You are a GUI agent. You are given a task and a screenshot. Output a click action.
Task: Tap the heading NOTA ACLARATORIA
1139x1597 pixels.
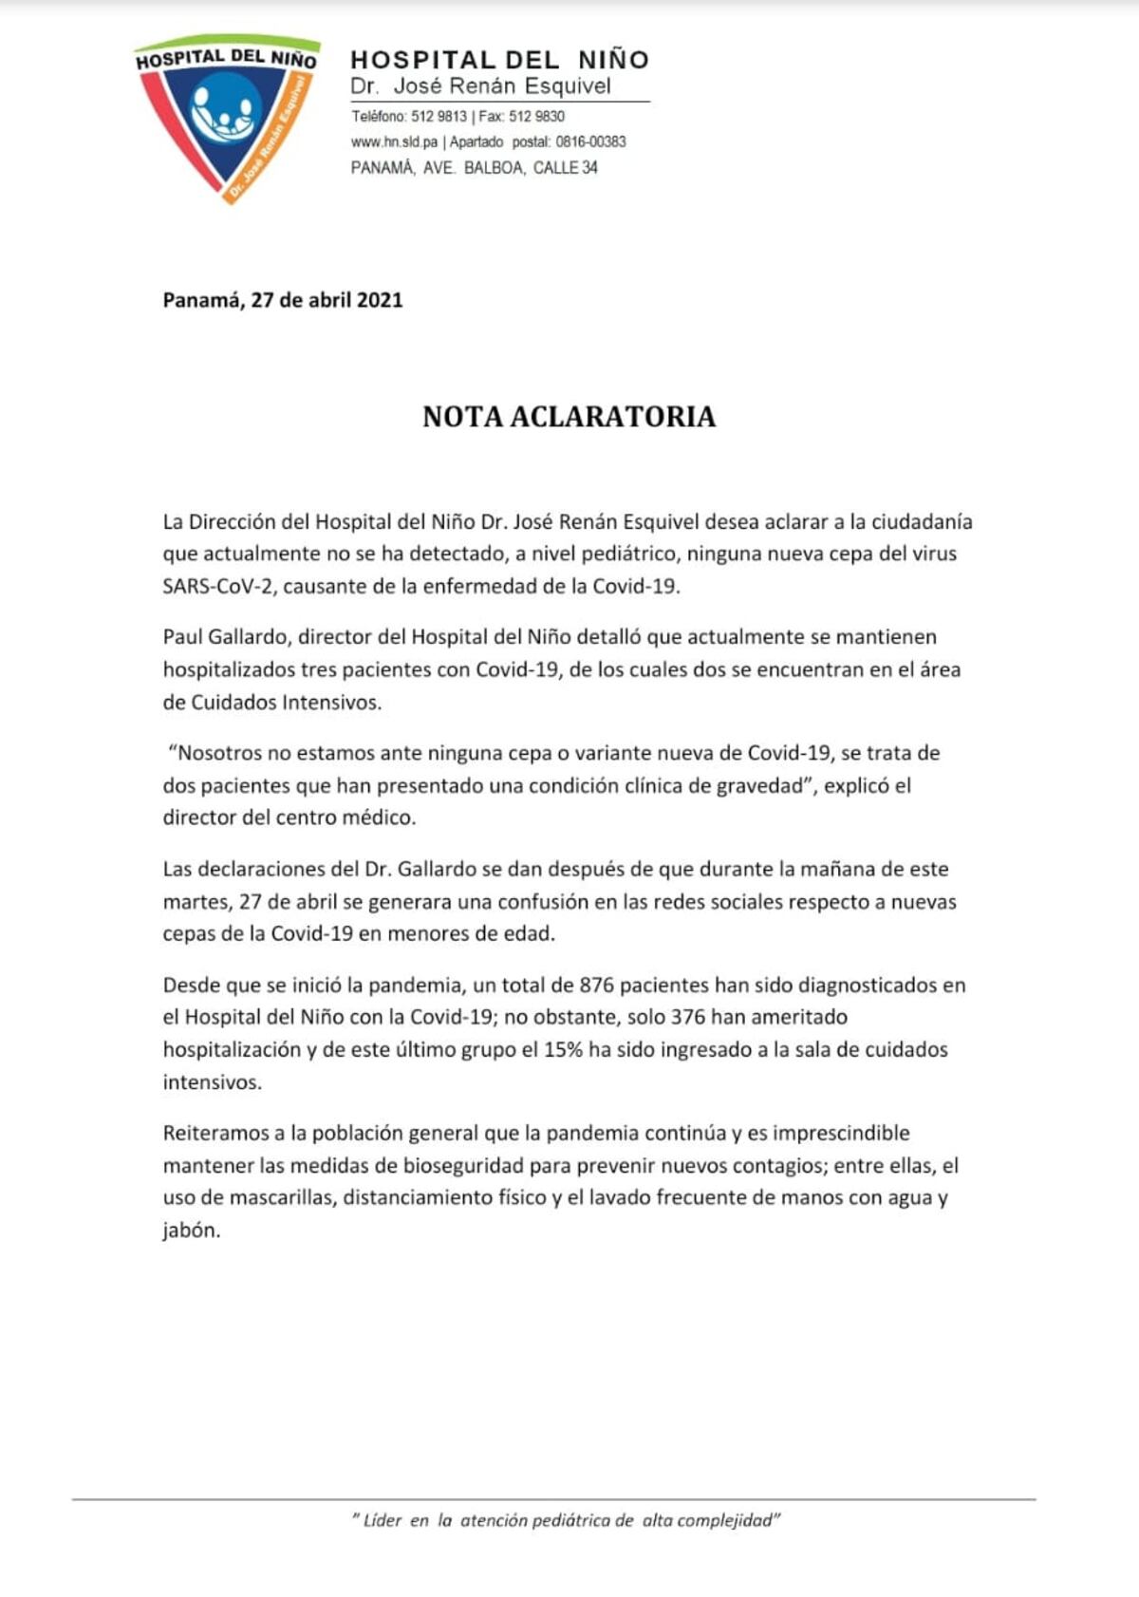(569, 416)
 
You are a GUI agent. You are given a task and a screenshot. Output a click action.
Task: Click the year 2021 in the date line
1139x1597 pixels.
(380, 300)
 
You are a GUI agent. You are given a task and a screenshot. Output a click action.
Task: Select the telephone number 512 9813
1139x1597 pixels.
(439, 117)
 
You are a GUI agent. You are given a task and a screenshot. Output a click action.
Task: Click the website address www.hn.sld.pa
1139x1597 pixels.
(394, 142)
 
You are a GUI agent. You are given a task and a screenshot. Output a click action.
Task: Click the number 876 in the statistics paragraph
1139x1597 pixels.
(597, 985)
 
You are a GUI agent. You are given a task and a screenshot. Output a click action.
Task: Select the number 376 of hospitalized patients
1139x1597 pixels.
(687, 1017)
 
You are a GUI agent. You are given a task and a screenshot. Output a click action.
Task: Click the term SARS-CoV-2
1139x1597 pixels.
(218, 586)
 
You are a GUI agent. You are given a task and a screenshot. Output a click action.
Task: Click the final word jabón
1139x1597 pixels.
(191, 1231)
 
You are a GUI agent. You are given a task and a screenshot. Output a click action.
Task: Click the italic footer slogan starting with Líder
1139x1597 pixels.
(566, 1520)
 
